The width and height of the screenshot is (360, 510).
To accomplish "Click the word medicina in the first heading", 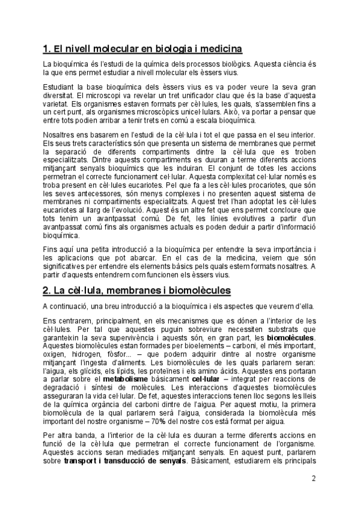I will point(219,48).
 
